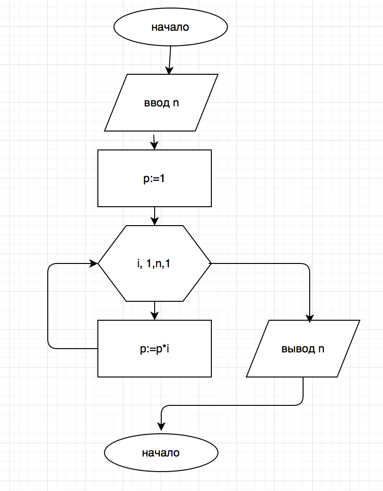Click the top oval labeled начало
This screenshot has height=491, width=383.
pyautogui.click(x=170, y=27)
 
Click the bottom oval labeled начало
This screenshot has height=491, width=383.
pyautogui.click(x=161, y=453)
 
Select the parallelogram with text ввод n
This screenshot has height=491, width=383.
pyautogui.click(x=161, y=103)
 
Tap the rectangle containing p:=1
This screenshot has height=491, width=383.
pyautogui.click(x=155, y=178)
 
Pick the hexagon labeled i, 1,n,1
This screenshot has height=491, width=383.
pyautogui.click(x=155, y=263)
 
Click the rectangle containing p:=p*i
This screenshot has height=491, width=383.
pyautogui.click(x=155, y=349)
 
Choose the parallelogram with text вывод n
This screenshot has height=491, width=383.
pyautogui.click(x=303, y=349)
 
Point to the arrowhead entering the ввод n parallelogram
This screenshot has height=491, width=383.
pyautogui.click(x=169, y=71)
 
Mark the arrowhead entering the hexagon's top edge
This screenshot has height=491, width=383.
pyautogui.click(x=155, y=222)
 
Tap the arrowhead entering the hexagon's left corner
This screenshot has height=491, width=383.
pyautogui.click(x=94, y=263)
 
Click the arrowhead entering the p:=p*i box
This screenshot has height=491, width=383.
pyautogui.click(x=155, y=316)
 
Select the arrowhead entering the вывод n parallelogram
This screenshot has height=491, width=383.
pyautogui.click(x=310, y=318)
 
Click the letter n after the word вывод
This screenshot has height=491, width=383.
pyautogui.click(x=321, y=349)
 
